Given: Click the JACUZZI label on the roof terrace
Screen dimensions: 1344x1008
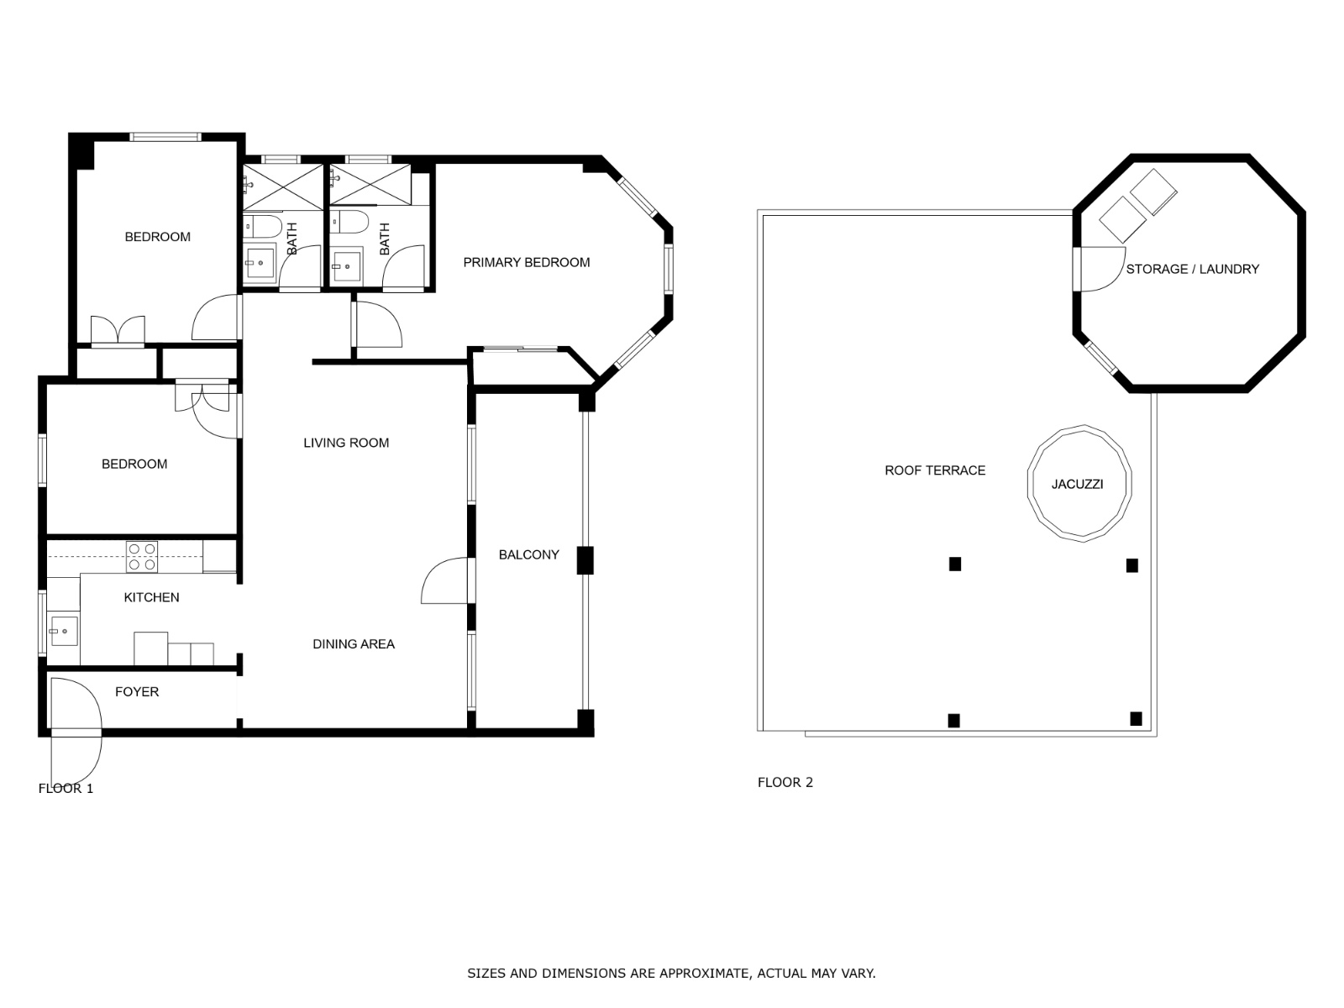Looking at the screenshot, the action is (x=1077, y=484).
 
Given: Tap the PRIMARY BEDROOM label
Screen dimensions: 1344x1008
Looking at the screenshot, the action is (x=527, y=263).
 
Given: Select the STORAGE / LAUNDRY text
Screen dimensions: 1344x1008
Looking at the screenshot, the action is (x=1192, y=270).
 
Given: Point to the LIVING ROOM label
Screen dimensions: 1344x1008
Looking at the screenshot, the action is (x=346, y=443).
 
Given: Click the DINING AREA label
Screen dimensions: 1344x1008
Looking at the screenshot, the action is (x=354, y=643).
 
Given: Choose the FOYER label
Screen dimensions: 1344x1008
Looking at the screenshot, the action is (x=137, y=691).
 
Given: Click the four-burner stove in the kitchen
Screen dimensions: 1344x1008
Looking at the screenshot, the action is (x=142, y=557).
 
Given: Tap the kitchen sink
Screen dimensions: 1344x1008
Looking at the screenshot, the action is (x=64, y=631).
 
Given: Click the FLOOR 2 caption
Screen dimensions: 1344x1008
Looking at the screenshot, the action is (x=785, y=782).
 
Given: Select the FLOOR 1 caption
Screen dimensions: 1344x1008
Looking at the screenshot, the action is (x=66, y=788).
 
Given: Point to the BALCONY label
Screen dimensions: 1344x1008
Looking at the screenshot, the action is (x=528, y=554).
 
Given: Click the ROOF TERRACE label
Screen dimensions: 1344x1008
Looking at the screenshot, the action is (x=935, y=470).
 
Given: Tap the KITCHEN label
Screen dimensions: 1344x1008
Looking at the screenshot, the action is (x=151, y=597).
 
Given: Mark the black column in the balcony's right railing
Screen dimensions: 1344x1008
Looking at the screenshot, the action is (x=585, y=560).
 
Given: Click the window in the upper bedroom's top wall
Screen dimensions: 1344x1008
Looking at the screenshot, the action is (x=165, y=136).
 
